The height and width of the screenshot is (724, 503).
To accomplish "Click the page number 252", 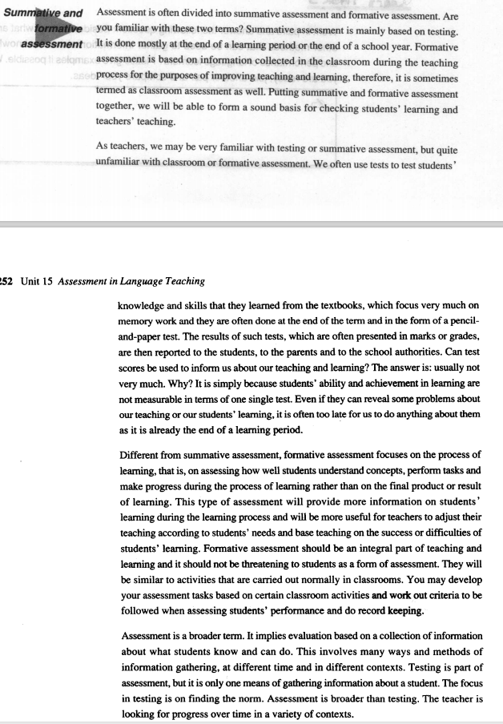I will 7,280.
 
